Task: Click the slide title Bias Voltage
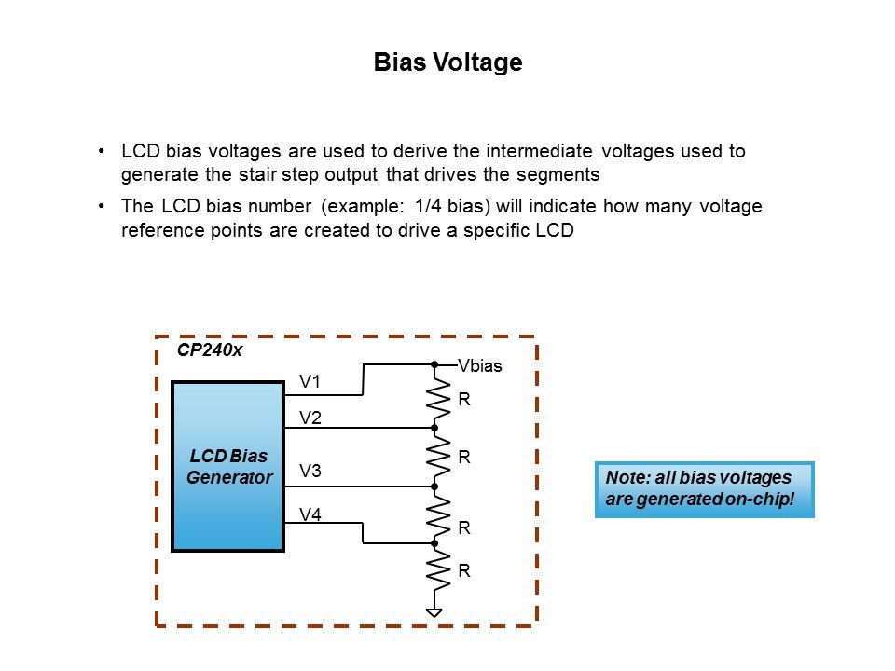pyautogui.click(x=447, y=63)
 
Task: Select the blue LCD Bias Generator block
pyautogui.click(x=228, y=466)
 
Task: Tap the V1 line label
pyautogui.click(x=310, y=381)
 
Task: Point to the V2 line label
pyautogui.click(x=310, y=418)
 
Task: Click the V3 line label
pyautogui.click(x=310, y=472)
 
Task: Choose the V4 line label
pyautogui.click(x=310, y=514)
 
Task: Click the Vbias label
pyautogui.click(x=480, y=366)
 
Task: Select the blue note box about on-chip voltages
pyautogui.click(x=704, y=488)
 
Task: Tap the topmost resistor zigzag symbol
pyautogui.click(x=434, y=399)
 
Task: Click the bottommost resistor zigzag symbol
pyautogui.click(x=434, y=570)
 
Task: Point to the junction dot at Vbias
pyautogui.click(x=434, y=363)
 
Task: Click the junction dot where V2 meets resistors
pyautogui.click(x=434, y=427)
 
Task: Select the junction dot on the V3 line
pyautogui.click(x=434, y=486)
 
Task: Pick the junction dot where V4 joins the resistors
pyautogui.click(x=434, y=542)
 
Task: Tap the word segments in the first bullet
pyautogui.click(x=552, y=174)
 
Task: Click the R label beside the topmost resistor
pyautogui.click(x=463, y=400)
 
